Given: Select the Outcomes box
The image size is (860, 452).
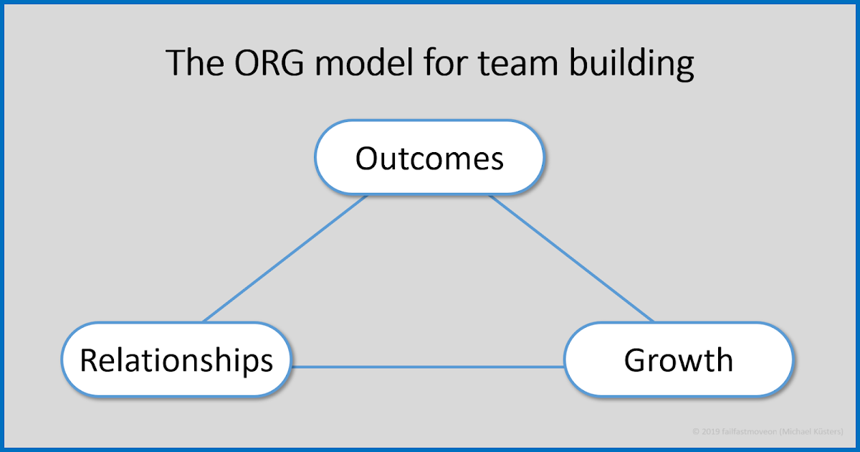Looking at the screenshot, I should pos(430,158).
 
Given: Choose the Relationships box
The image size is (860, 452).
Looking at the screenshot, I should pos(176,359).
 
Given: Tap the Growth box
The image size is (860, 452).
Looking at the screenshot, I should pos(678,359).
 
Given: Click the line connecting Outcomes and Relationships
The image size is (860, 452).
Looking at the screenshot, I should pos(285,258).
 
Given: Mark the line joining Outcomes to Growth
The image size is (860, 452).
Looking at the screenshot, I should pos(572,258).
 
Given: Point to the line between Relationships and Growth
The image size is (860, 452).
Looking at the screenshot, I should pos(428,367).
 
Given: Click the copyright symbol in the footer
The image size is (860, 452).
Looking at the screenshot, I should pos(695,432).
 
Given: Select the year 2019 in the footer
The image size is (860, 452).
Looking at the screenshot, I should pos(707,432).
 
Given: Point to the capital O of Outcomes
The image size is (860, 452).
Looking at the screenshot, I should pos(367,158).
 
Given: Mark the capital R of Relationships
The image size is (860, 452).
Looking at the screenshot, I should pos(87,359).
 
